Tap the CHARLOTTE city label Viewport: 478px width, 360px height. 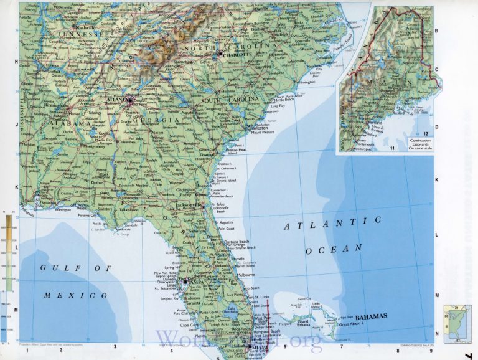(237, 54)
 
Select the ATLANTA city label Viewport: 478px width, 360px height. (117, 99)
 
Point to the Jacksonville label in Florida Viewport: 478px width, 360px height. (190, 205)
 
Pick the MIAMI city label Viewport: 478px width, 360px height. (258, 349)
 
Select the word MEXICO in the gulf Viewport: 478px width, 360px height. (73, 295)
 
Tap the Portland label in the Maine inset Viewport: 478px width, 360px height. (375, 123)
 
